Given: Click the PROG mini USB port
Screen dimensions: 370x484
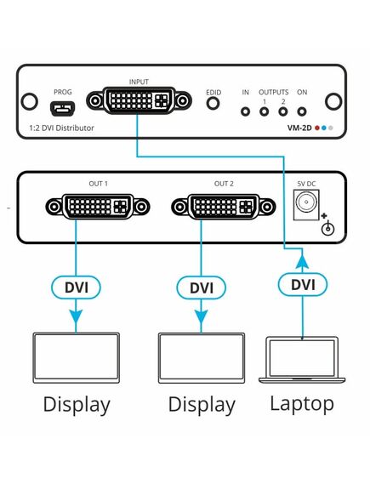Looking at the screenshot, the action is click(62, 108).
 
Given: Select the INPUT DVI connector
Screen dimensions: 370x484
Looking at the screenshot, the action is click(139, 100).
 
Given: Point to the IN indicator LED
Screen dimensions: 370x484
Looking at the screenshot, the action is click(245, 111).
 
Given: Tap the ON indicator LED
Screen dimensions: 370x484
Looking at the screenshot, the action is click(301, 111).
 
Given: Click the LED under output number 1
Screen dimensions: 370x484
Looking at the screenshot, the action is click(264, 111).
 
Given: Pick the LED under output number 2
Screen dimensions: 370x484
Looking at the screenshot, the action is click(283, 111).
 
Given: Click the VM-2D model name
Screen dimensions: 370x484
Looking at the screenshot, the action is click(299, 128).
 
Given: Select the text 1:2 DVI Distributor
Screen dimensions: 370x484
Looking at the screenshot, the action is click(61, 128).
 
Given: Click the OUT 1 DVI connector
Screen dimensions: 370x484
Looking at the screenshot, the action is click(98, 207).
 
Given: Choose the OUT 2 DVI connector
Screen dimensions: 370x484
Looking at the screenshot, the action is click(224, 207).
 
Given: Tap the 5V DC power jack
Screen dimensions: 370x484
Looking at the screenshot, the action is click(306, 205).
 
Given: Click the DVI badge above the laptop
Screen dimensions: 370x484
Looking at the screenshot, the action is click(303, 285).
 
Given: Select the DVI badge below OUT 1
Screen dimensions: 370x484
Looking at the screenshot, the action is click(76, 288).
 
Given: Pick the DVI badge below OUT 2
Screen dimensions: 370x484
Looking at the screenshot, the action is click(202, 288).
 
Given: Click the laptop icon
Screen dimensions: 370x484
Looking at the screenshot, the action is click(302, 360).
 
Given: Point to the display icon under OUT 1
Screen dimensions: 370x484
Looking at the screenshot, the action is click(77, 358).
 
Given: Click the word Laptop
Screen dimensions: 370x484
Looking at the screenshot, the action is click(302, 404).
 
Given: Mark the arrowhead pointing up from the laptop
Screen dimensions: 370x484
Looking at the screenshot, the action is click(302, 261).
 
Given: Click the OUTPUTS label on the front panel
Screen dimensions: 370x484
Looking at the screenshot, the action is click(273, 92).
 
